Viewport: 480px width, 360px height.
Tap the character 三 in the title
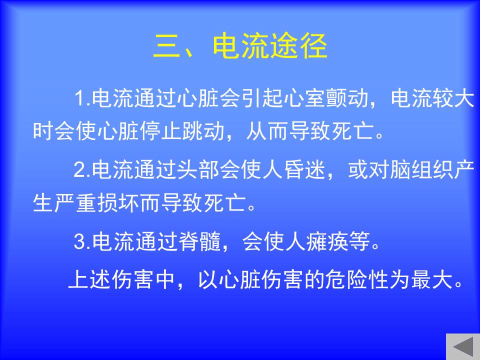pos(167,46)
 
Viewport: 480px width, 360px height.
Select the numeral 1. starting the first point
pos(82,98)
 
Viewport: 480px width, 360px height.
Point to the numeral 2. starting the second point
pos(82,169)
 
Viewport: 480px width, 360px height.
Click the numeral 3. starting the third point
pos(82,241)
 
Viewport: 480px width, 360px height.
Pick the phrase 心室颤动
pos(326,98)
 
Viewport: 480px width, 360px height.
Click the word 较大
pos(453,98)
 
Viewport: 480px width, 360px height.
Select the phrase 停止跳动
pos(182,131)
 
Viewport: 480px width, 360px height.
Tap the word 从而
pos(267,131)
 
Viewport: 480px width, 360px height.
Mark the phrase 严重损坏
pos(96,202)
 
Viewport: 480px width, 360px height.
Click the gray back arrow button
pos(463,347)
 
